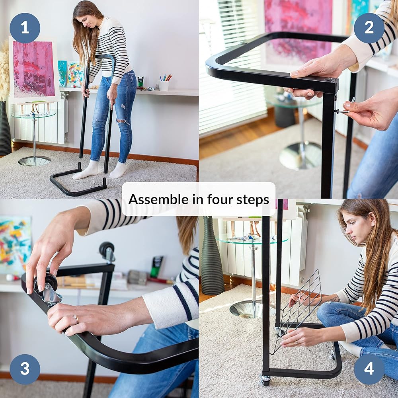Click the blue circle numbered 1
coord(25,28)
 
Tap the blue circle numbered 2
coord(369,28)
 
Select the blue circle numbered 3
coord(25,369)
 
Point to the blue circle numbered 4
coord(369,369)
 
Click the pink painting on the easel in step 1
coord(33,69)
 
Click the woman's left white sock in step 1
coord(118,170)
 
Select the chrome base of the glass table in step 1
coord(34,161)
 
